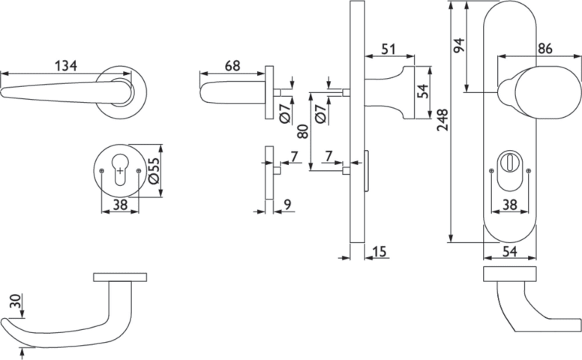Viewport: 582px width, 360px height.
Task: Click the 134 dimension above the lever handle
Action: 66,66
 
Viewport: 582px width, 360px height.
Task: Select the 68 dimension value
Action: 232,66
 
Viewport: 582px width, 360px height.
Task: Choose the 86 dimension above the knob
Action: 545,48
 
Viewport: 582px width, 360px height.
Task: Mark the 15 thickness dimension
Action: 379,252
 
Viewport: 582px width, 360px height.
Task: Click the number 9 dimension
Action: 288,205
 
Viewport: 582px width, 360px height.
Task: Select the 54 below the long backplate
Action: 510,252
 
